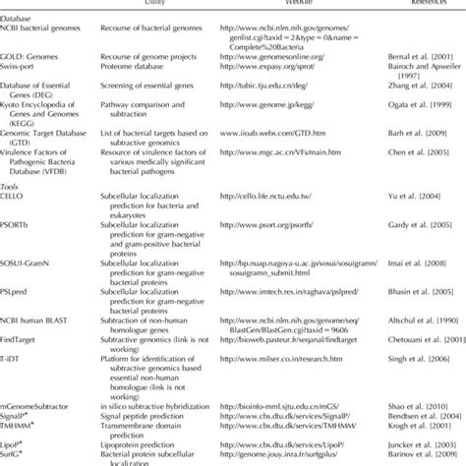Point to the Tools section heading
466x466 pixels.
tap(14, 210)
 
